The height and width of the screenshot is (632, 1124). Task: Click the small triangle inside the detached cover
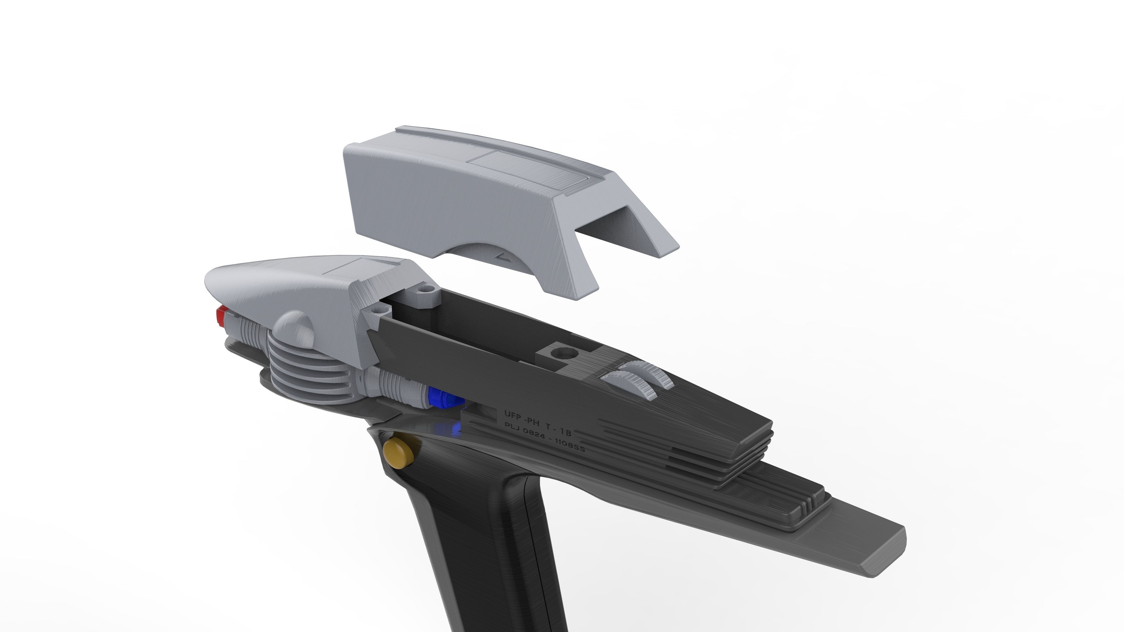pyautogui.click(x=504, y=257)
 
